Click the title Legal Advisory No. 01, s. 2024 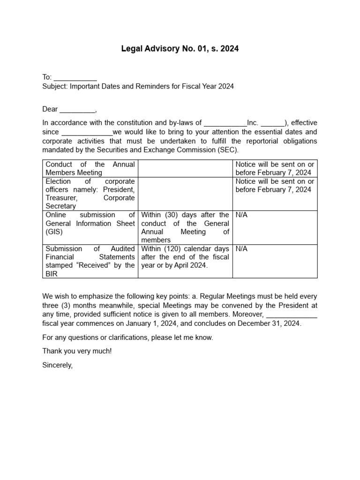pos(180,49)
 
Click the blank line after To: pos(75,78)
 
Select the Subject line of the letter pos(138,87)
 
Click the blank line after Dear pos(77,110)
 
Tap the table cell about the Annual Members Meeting pos(90,168)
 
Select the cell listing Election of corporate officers pos(90,194)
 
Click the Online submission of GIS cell pos(90,223)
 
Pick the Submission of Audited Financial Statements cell pos(90,261)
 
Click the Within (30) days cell pos(185,227)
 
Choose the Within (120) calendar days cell pos(185,257)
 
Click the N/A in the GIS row pos(242,215)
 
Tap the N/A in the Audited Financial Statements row pos(242,249)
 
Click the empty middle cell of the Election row pos(185,194)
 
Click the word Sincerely pos(58,365)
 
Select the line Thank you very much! pos(77,351)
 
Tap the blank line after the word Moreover pos(292,315)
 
